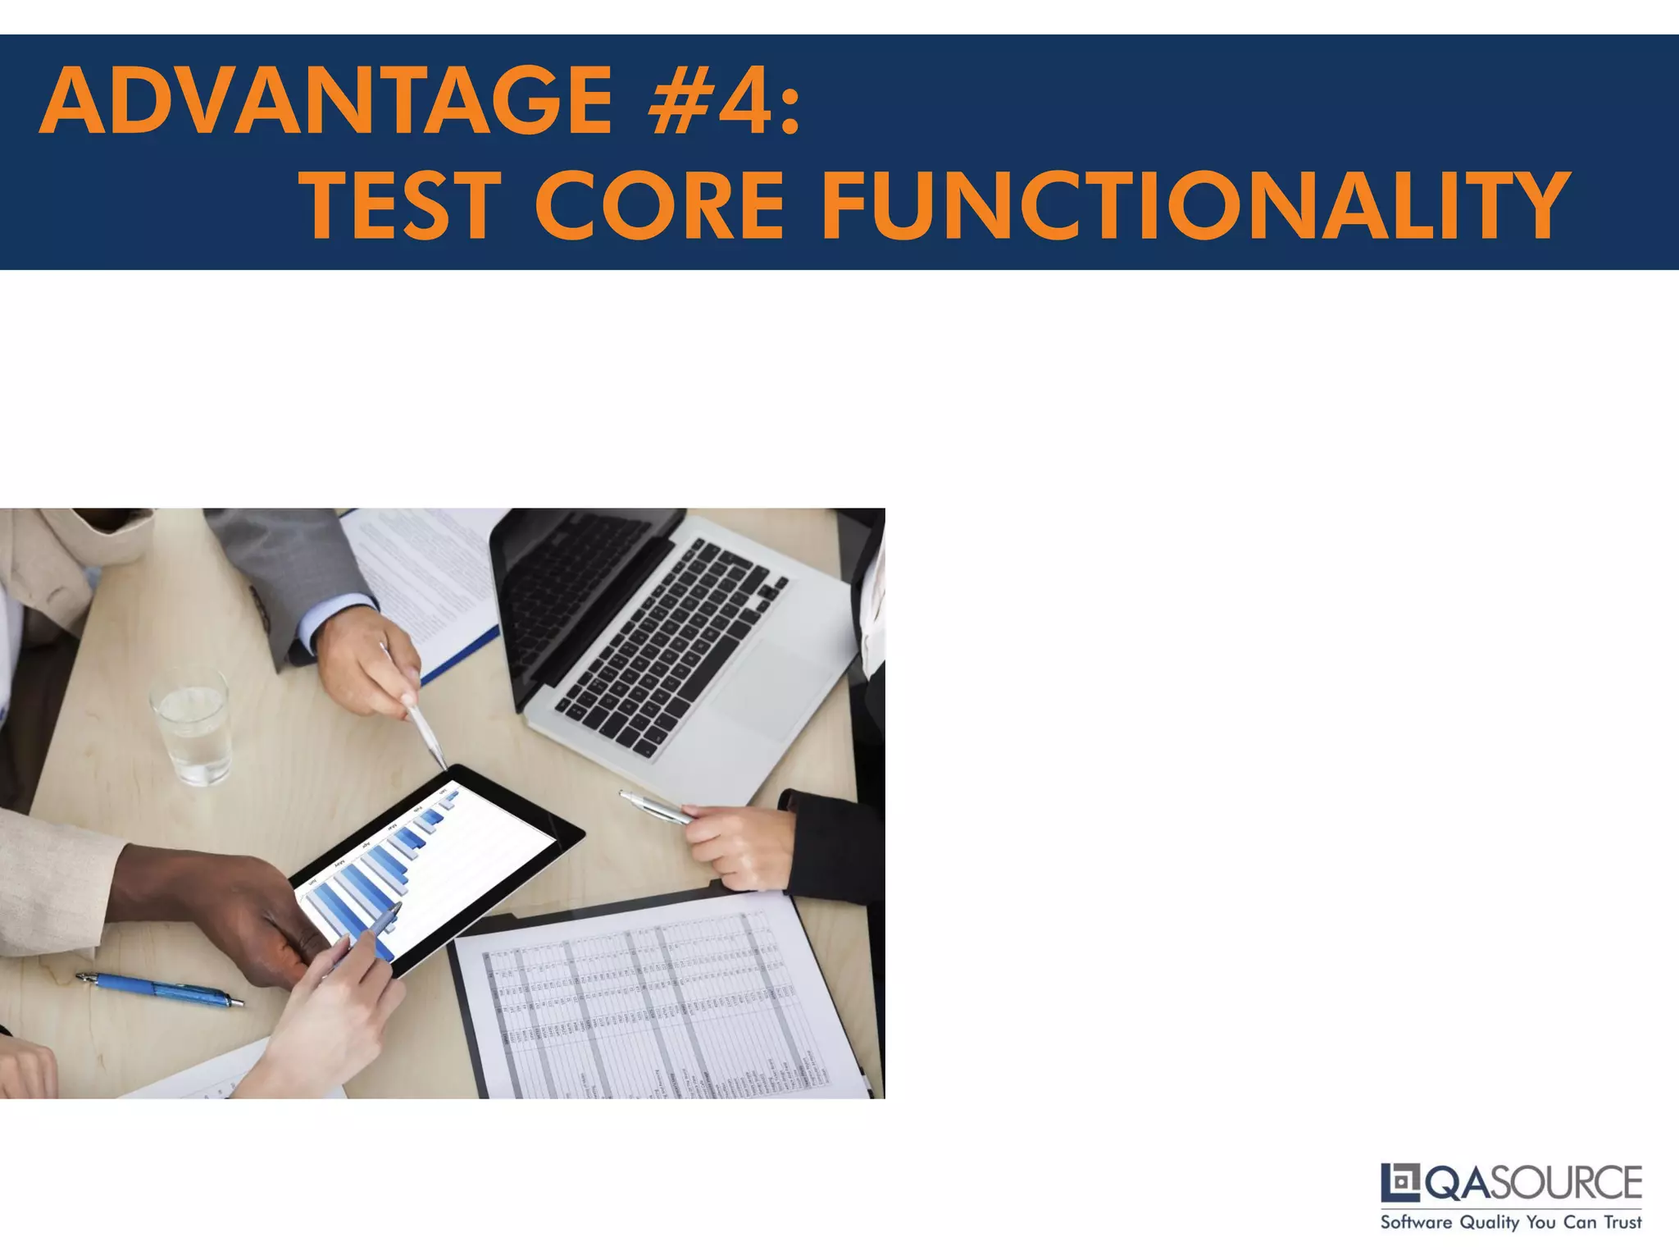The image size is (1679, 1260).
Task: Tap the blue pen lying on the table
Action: [x=160, y=989]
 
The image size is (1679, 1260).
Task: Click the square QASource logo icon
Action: [x=1400, y=1182]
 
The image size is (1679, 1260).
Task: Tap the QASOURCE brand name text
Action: [x=1533, y=1182]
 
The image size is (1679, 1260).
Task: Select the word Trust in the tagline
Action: [x=1622, y=1222]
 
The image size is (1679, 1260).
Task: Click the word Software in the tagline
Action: [x=1416, y=1222]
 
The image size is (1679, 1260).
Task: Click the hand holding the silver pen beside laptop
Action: [x=738, y=845]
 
